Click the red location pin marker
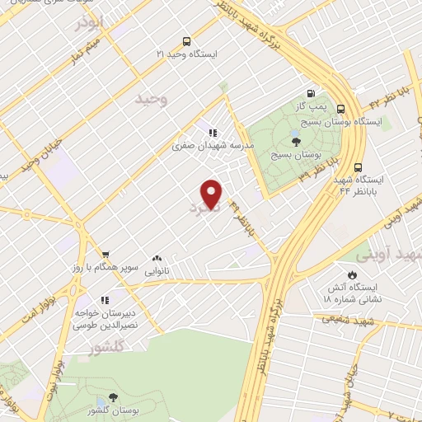[213, 193]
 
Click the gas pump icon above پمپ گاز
[311, 93]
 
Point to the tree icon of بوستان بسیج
[295, 119]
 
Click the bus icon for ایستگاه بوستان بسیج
[341, 108]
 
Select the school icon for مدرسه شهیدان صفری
[213, 132]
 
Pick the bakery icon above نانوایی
[157, 257]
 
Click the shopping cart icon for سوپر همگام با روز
[105, 255]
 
